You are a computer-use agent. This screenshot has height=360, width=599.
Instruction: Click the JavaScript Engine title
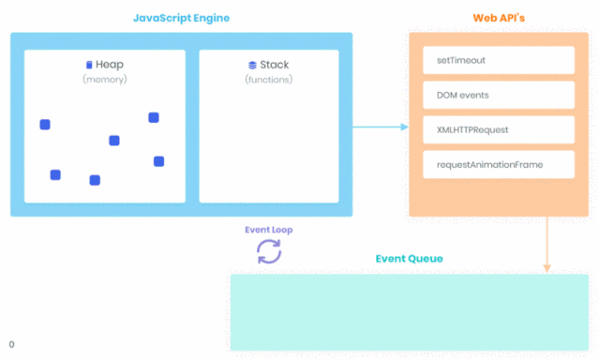181,18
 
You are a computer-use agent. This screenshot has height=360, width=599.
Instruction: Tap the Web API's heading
498,18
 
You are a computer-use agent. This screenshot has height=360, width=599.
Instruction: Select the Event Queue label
409,259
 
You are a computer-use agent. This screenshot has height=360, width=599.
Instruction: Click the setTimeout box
498,60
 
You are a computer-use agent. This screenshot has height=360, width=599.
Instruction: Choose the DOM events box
498,95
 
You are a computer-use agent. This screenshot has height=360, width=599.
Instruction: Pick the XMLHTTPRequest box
498,129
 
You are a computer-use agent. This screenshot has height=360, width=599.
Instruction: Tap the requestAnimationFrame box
498,164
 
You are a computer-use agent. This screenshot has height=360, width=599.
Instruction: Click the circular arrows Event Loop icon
269,251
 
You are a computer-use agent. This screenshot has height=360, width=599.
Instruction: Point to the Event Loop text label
269,229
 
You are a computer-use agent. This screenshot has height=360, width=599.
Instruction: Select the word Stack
275,65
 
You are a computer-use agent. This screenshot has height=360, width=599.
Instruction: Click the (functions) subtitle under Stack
269,80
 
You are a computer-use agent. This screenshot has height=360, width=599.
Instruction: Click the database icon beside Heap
89,65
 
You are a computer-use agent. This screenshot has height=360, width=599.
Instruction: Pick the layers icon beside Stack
252,65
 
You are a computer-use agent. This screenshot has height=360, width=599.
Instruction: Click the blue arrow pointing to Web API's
380,127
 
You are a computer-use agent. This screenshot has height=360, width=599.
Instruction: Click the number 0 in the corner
11,345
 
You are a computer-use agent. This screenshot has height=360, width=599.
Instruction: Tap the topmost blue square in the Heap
154,117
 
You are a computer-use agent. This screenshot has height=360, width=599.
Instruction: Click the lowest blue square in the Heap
95,180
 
